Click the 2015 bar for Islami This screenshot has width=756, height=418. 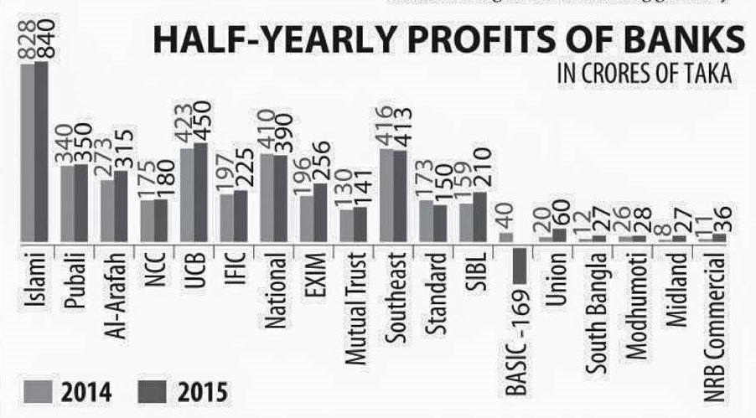[x=41, y=151]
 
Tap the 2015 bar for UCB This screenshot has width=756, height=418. [x=200, y=192]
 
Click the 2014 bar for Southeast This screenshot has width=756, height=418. [x=386, y=194]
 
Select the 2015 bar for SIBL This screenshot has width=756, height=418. [x=479, y=216]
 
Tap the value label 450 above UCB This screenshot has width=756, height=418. [x=200, y=118]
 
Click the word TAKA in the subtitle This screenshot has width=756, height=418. [x=711, y=75]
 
